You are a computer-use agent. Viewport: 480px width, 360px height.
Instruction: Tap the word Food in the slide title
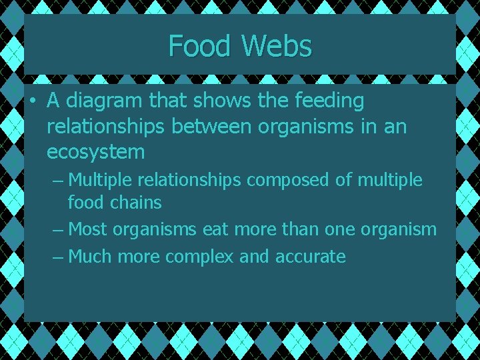point(201,46)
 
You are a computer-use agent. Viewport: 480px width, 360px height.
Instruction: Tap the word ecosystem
point(95,152)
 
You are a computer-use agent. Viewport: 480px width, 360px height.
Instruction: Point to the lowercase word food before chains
point(85,202)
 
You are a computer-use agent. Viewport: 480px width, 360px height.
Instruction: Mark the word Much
point(90,257)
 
